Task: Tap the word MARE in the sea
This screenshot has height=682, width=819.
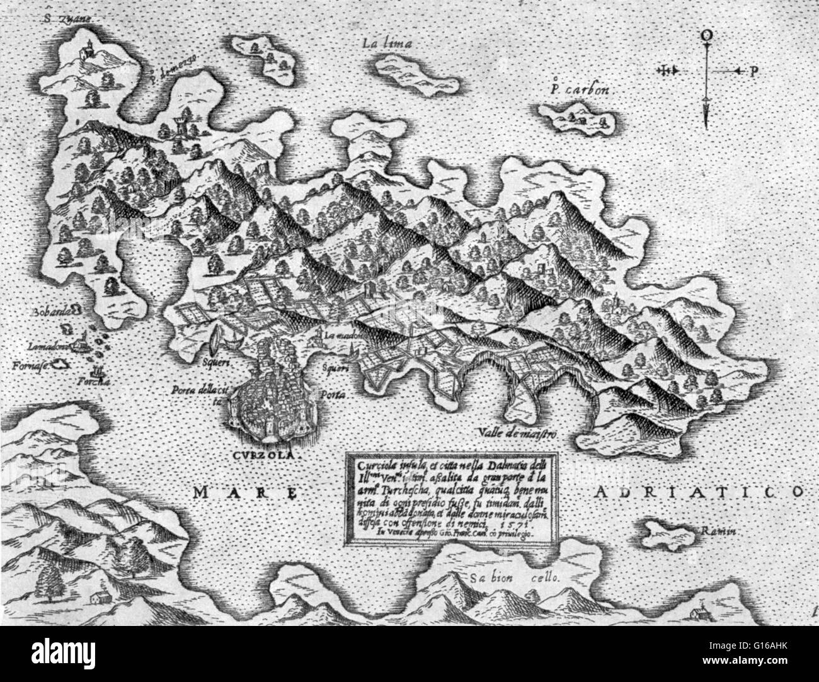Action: [244, 493]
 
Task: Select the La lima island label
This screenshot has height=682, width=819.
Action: [388, 44]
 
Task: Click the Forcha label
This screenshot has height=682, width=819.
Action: [100, 382]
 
